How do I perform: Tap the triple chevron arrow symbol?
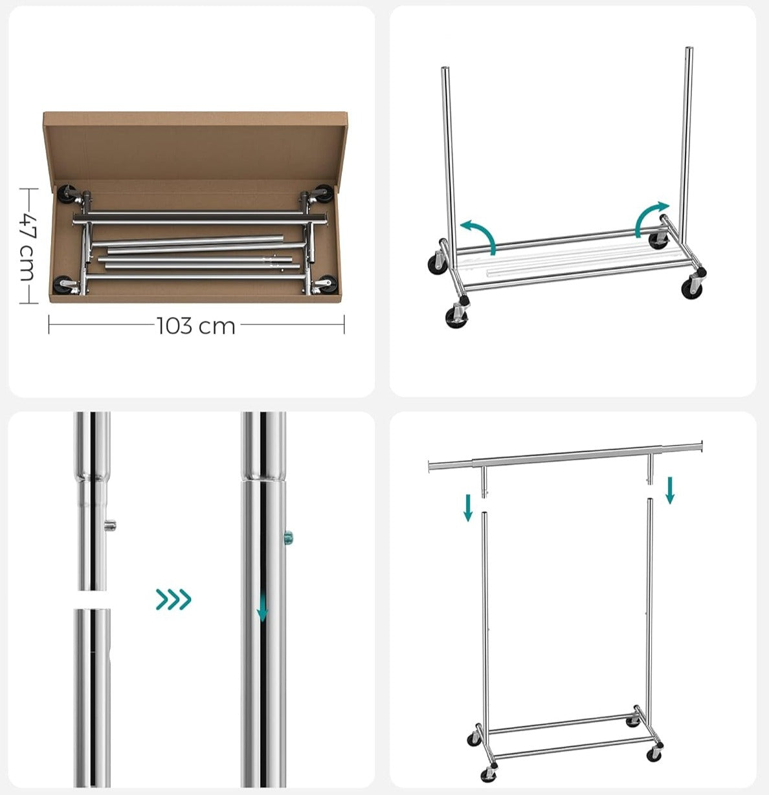173,600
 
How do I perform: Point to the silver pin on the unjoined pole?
111,525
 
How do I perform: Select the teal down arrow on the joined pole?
262,611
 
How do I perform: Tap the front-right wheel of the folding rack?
692,288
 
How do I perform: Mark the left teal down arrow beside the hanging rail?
468,507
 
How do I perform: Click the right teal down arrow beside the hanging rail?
670,490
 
